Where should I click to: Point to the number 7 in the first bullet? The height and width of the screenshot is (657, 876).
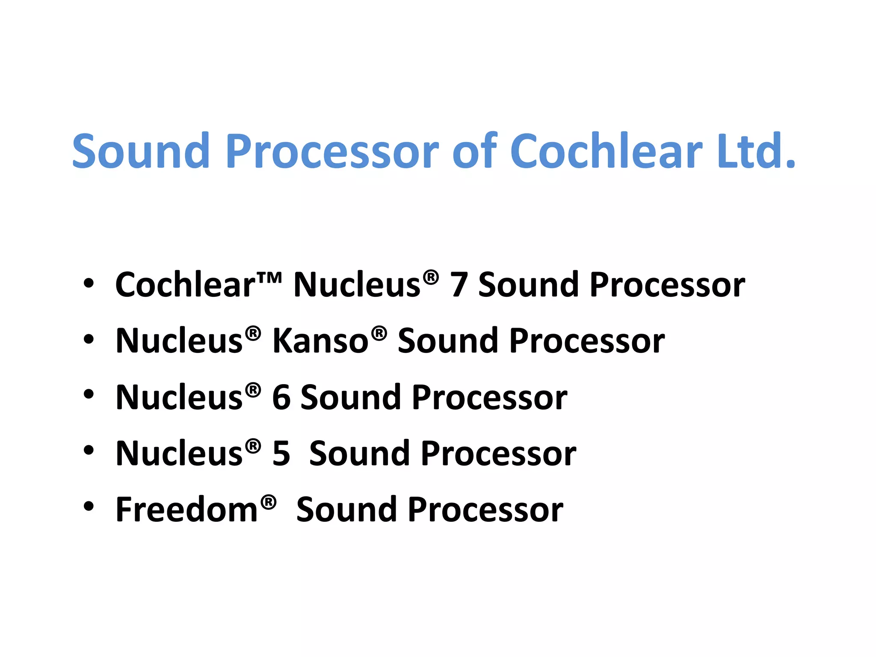click(x=459, y=285)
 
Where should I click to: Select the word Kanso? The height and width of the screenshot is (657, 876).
click(x=320, y=341)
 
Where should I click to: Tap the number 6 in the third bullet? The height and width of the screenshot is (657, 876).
click(x=281, y=398)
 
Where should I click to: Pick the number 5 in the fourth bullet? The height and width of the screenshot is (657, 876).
click(x=281, y=454)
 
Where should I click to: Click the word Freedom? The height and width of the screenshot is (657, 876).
click(x=187, y=510)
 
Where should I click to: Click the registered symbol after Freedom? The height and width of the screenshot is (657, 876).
click(x=269, y=502)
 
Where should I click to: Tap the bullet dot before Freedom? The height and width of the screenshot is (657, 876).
click(x=89, y=506)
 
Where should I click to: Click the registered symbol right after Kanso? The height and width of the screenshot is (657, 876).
click(x=379, y=333)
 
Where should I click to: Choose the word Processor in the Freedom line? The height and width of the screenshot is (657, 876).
click(x=485, y=510)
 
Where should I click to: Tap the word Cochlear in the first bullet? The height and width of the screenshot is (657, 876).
click(x=185, y=285)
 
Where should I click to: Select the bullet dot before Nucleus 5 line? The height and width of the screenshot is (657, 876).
click(x=89, y=450)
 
